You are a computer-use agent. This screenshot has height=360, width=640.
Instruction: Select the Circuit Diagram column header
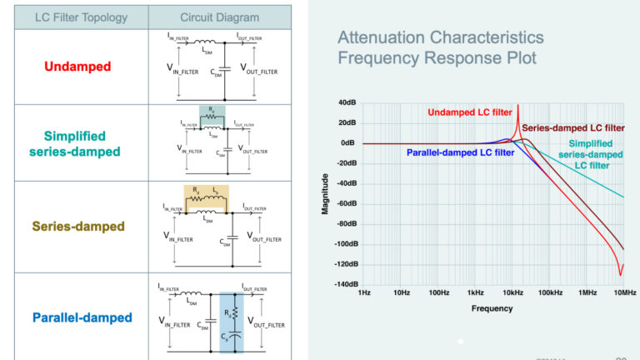(x=219, y=17)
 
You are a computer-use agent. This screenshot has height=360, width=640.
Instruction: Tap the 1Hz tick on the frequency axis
(x=363, y=293)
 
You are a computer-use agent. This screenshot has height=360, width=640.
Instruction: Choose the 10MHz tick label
(x=624, y=293)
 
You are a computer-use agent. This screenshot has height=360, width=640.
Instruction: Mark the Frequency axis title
(x=492, y=307)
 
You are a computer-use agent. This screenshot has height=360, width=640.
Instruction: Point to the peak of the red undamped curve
(x=517, y=106)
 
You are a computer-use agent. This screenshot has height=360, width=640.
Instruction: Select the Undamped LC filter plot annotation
(x=469, y=112)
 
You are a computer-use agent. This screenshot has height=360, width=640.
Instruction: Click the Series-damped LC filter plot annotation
(x=573, y=127)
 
